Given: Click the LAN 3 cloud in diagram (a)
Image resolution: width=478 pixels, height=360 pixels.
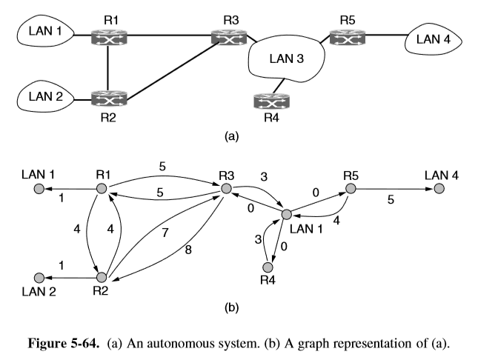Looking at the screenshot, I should coord(284,59).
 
